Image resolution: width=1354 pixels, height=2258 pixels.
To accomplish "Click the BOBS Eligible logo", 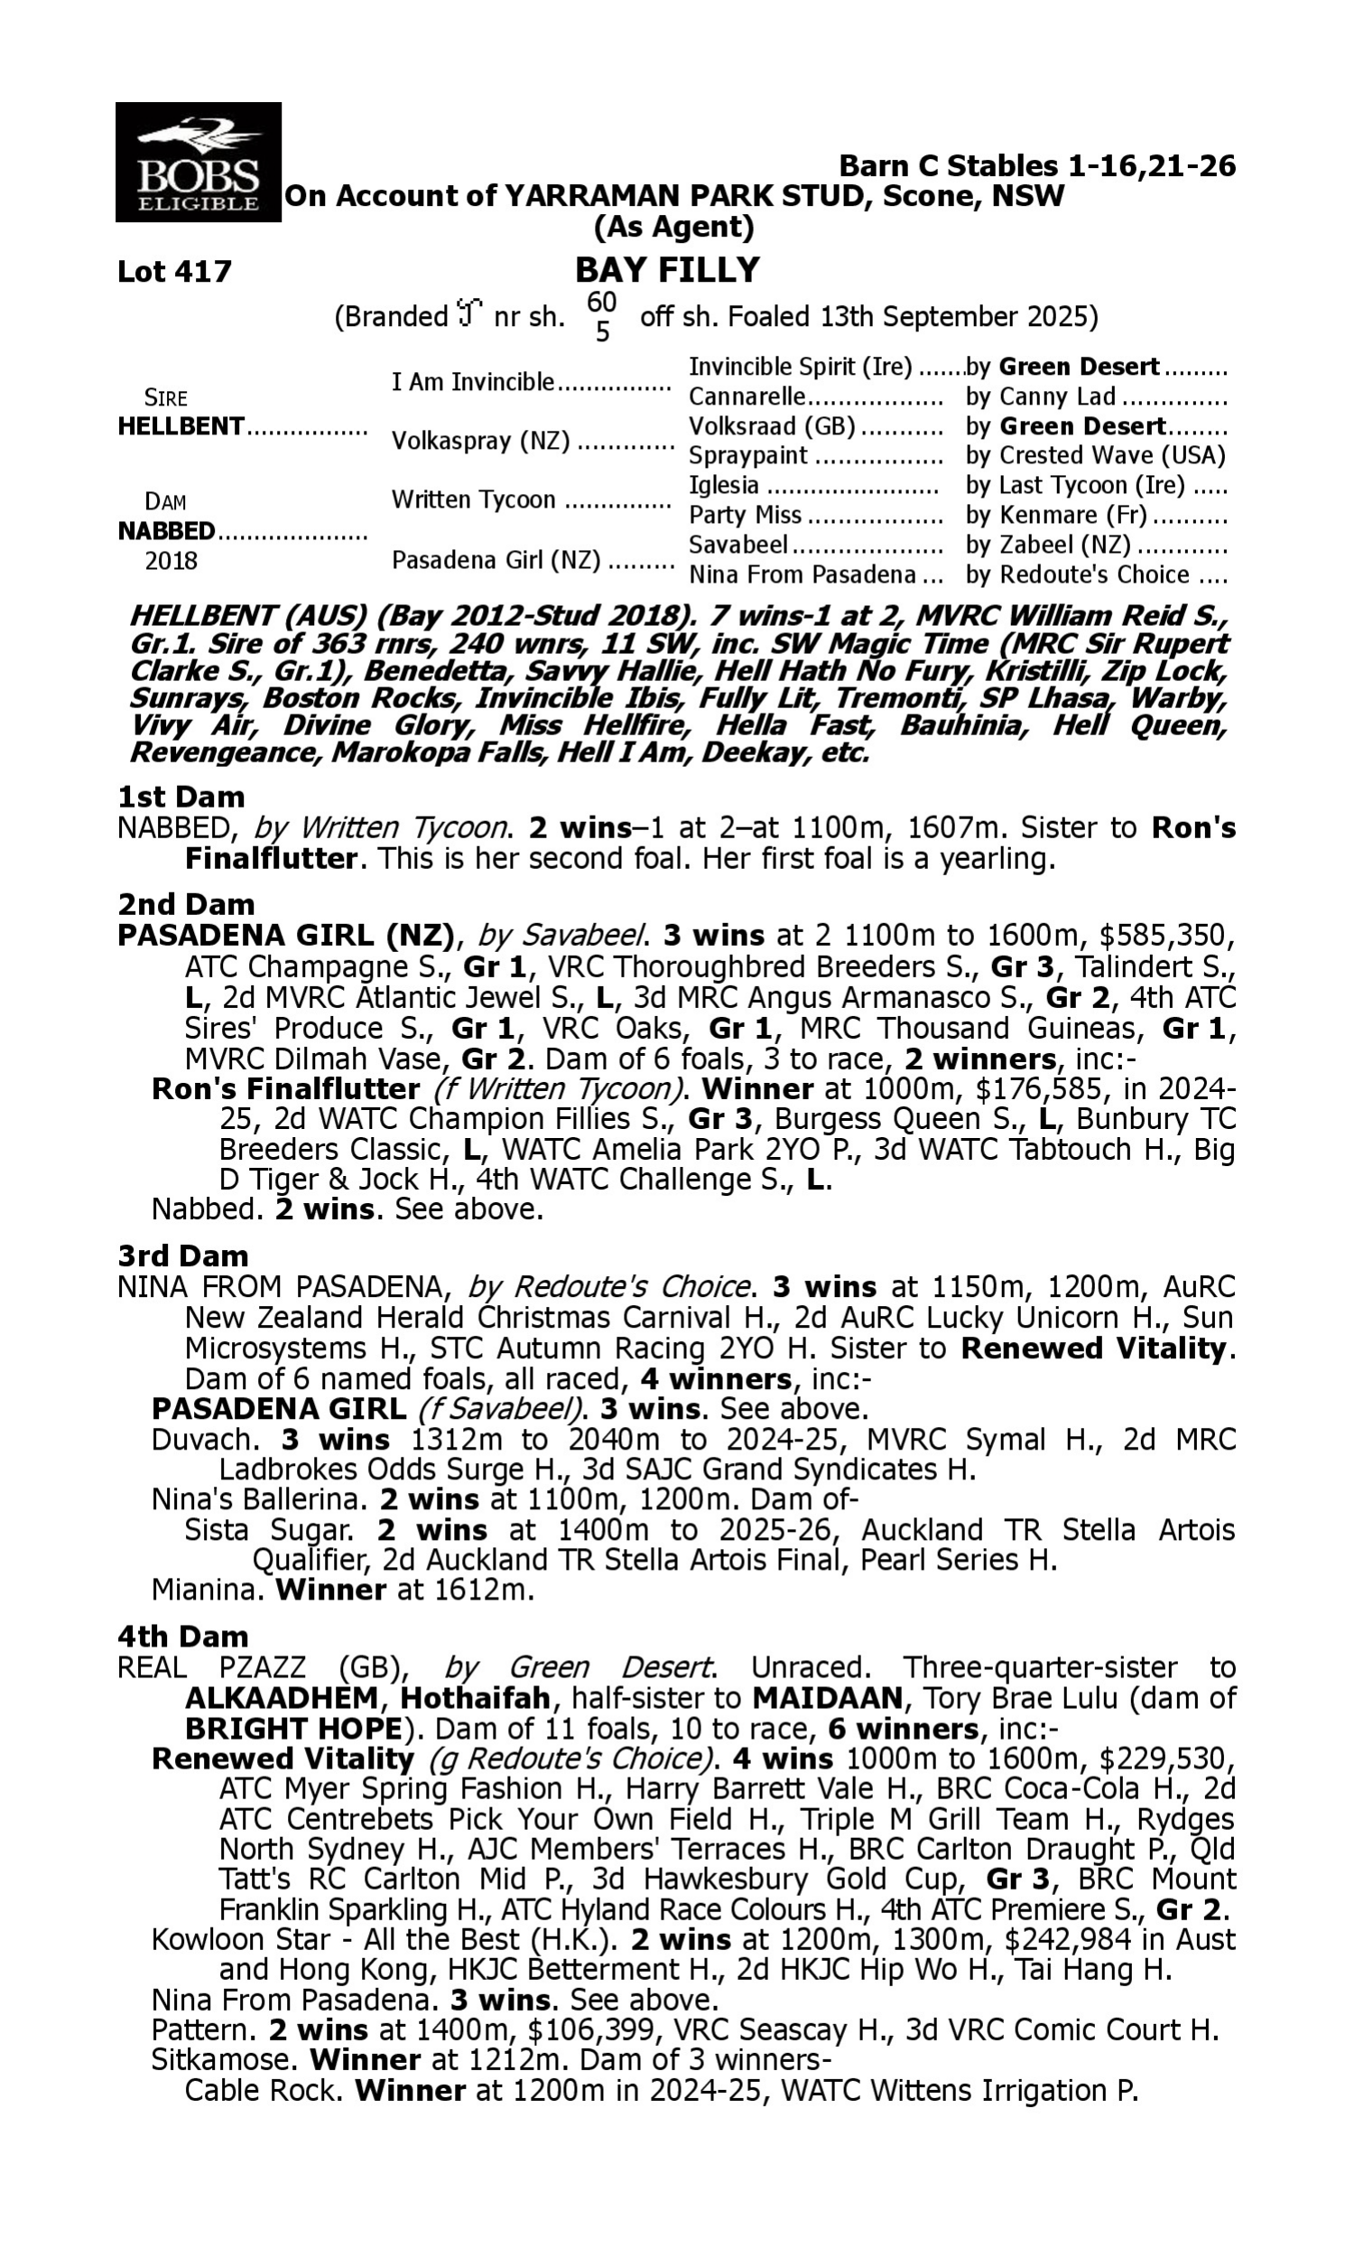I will (x=198, y=162).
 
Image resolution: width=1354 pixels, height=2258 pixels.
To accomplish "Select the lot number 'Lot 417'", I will (x=174, y=271).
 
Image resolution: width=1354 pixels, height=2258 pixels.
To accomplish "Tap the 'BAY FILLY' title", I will (x=667, y=270).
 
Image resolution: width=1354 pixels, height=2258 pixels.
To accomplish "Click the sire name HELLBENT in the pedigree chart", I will (x=181, y=426).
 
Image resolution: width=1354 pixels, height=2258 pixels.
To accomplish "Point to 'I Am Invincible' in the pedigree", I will (x=473, y=381).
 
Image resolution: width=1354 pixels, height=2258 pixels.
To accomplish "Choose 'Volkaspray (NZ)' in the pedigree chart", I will (x=480, y=441).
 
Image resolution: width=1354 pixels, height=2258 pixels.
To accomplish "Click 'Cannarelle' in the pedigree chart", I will (x=747, y=397).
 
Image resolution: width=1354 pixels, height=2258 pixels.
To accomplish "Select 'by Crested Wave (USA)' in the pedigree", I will (x=1095, y=455).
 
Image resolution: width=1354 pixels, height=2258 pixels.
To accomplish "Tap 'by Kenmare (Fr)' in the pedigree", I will (x=1056, y=516).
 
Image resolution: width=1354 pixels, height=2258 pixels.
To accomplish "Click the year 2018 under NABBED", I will (x=171, y=560).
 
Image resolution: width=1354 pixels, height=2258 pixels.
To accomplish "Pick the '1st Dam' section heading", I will (x=181, y=797).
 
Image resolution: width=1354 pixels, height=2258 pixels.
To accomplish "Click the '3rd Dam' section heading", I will (x=182, y=1255).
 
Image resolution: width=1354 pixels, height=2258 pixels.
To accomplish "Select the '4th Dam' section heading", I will (x=182, y=1637).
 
